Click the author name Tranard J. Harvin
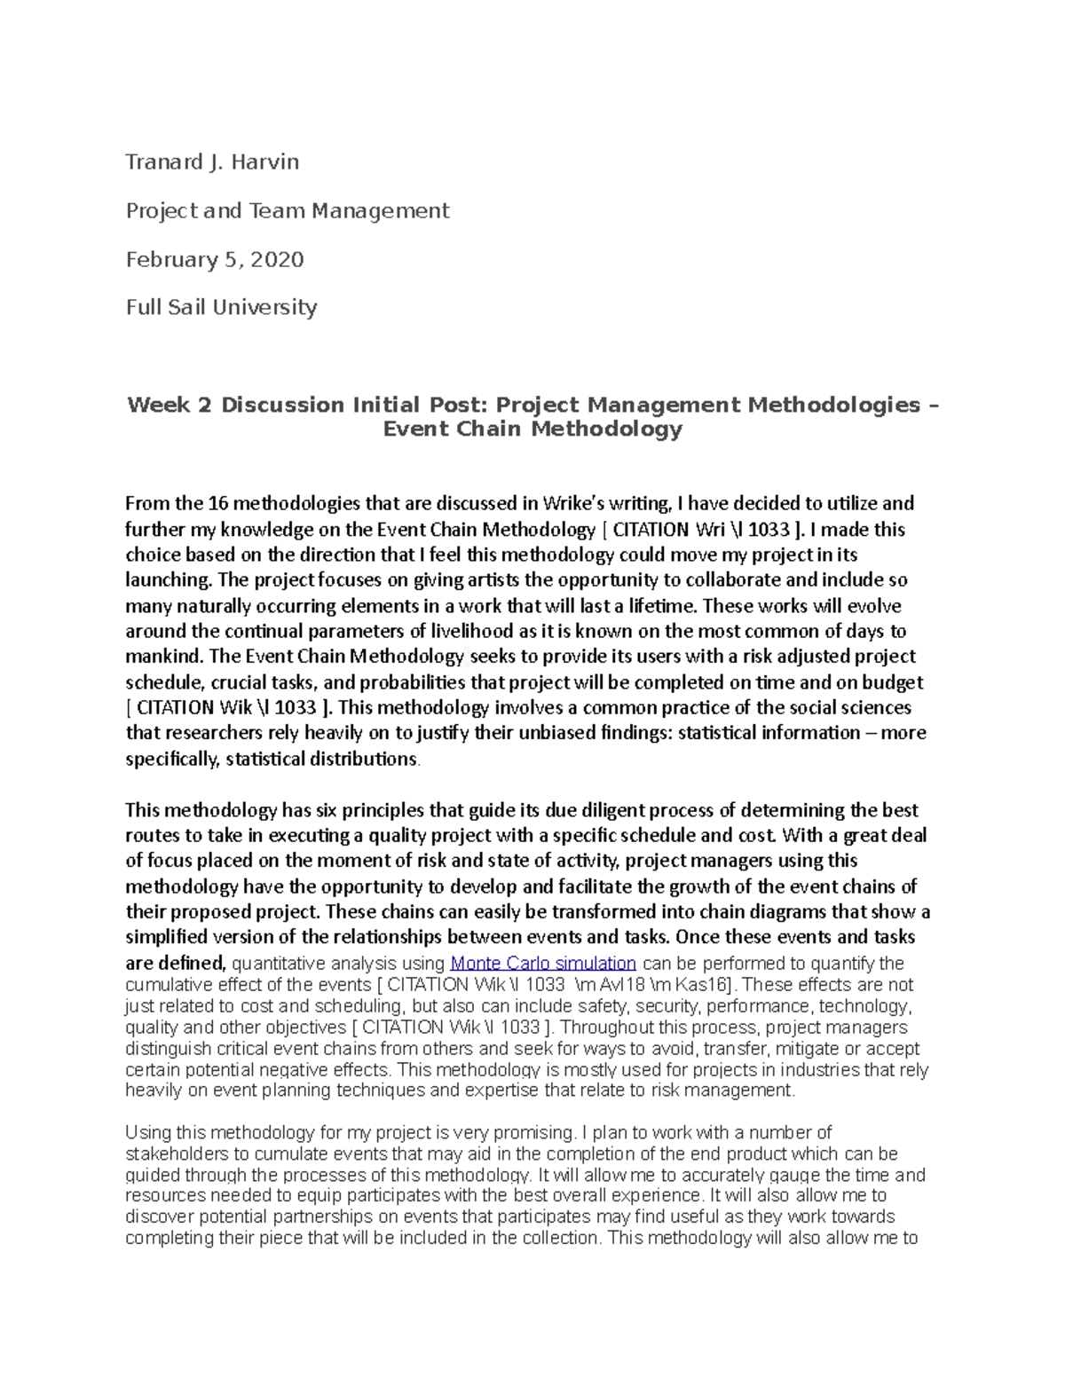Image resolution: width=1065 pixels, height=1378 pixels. [212, 162]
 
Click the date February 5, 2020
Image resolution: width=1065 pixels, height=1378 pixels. [215, 259]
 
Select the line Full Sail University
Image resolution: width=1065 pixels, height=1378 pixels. [221, 307]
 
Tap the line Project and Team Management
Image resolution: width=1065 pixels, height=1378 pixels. [288, 211]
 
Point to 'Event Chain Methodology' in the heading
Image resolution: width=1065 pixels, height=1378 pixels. [532, 429]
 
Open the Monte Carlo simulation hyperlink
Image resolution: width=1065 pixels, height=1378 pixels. [543, 964]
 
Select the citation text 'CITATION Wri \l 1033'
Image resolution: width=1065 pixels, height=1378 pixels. [700, 531]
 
